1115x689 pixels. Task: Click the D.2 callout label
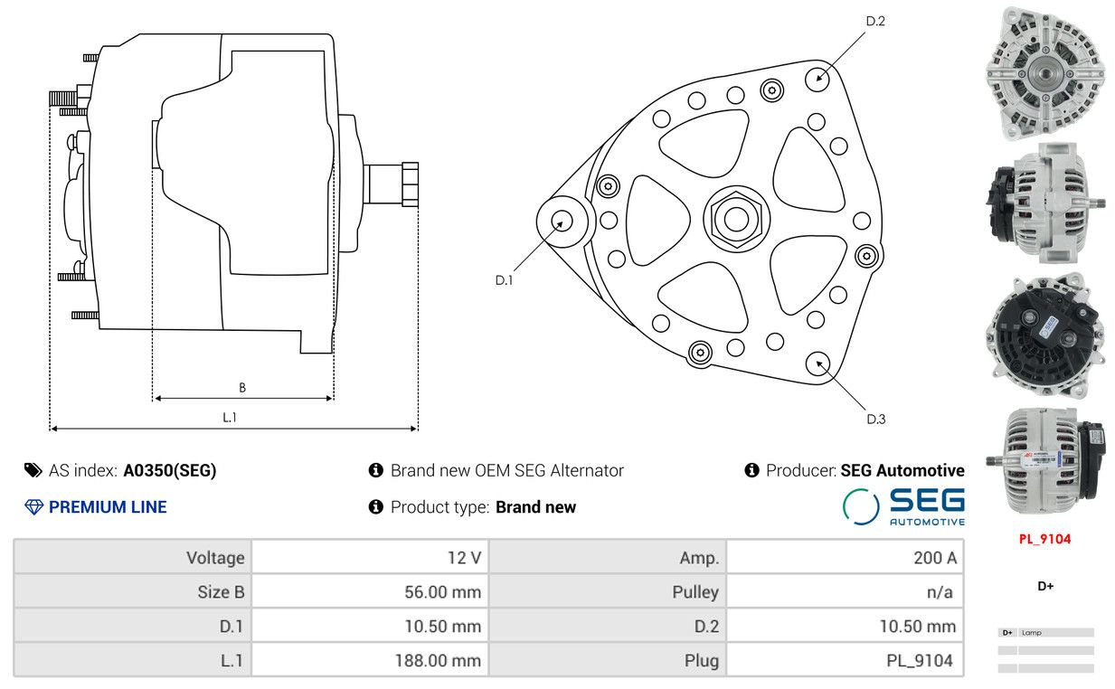(x=875, y=21)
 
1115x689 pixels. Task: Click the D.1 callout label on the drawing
(x=504, y=280)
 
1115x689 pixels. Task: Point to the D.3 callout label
(x=875, y=419)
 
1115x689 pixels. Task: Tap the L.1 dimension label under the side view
(x=230, y=417)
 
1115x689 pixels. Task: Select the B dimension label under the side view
(x=242, y=388)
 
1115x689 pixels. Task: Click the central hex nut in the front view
(x=735, y=218)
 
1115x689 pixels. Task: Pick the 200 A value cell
(x=934, y=558)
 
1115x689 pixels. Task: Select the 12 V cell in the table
(x=464, y=558)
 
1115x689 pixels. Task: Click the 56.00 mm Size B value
(x=442, y=592)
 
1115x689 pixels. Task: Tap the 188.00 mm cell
(x=438, y=661)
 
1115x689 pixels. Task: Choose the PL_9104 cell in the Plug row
(x=919, y=661)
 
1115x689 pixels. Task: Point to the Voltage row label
(x=215, y=558)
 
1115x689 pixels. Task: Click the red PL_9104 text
(x=1044, y=539)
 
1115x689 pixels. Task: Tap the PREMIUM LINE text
(x=108, y=507)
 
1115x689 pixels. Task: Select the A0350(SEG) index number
(x=170, y=470)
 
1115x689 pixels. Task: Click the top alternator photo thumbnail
(x=1045, y=73)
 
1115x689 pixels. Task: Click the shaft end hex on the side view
(x=409, y=184)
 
